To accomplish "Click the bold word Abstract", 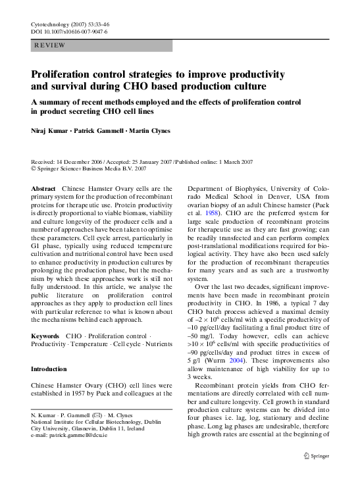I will tap(44, 188).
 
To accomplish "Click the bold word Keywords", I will tap(46, 337).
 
